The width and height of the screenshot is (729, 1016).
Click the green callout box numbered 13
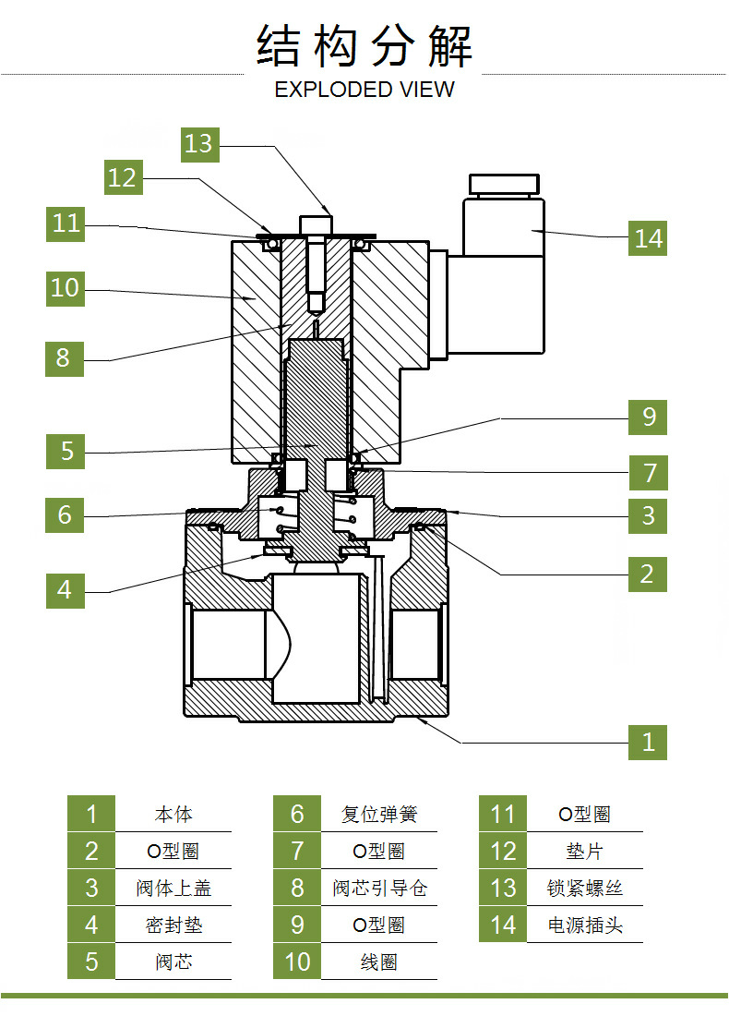click(198, 143)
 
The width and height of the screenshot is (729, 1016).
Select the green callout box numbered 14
click(648, 237)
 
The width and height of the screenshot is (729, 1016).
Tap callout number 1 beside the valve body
click(648, 741)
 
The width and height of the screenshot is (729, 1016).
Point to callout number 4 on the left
click(65, 589)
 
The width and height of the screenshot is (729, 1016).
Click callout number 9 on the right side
click(648, 417)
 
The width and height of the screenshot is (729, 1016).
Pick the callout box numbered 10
click(65, 287)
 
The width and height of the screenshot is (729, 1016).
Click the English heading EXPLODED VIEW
click(364, 90)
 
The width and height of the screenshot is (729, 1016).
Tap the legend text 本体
click(173, 815)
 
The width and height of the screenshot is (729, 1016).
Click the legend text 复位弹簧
click(379, 815)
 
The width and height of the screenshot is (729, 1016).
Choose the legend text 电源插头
click(585, 925)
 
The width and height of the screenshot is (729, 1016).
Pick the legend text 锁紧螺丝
click(585, 889)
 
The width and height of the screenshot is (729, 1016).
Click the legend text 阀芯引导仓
click(379, 889)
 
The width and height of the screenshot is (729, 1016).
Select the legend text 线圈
click(379, 962)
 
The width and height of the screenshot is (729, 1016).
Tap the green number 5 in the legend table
click(91, 962)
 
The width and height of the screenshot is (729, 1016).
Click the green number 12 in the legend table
click(503, 852)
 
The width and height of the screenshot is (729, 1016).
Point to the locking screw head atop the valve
click(316, 223)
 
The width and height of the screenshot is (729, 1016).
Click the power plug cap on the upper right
click(505, 183)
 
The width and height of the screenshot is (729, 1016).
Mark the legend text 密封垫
click(173, 925)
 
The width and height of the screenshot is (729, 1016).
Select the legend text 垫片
click(585, 852)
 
